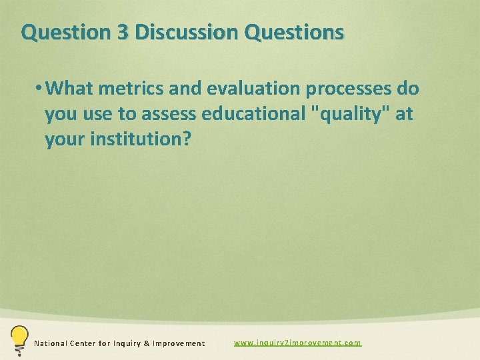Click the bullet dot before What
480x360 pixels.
click(x=40, y=89)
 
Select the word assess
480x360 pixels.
click(x=167, y=115)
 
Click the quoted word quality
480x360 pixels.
click(x=353, y=115)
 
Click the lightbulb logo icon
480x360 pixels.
click(x=19, y=339)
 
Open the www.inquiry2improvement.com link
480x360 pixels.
click(x=297, y=343)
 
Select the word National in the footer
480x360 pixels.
click(x=51, y=343)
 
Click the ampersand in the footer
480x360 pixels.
click(x=147, y=343)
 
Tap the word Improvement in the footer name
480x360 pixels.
click(x=179, y=343)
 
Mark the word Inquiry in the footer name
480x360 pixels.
click(x=129, y=343)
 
